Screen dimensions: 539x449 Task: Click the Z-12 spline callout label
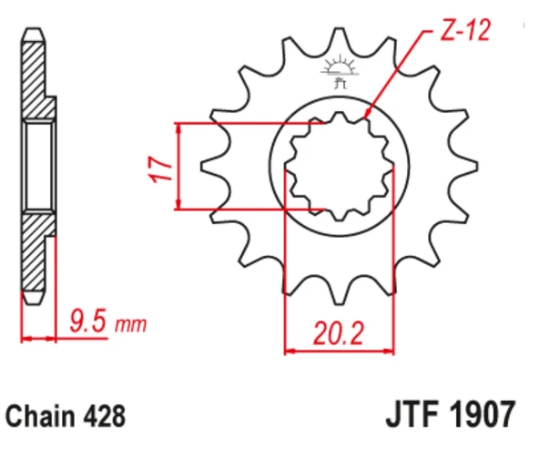(x=465, y=30)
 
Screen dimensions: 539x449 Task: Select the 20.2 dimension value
(x=339, y=333)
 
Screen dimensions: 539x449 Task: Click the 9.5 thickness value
(x=87, y=321)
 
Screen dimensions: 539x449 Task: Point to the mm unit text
(x=130, y=324)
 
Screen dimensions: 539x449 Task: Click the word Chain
(x=41, y=416)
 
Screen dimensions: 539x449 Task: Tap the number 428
(x=104, y=416)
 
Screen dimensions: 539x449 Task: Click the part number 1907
(x=483, y=413)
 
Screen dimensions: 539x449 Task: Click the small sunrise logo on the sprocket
(x=340, y=71)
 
